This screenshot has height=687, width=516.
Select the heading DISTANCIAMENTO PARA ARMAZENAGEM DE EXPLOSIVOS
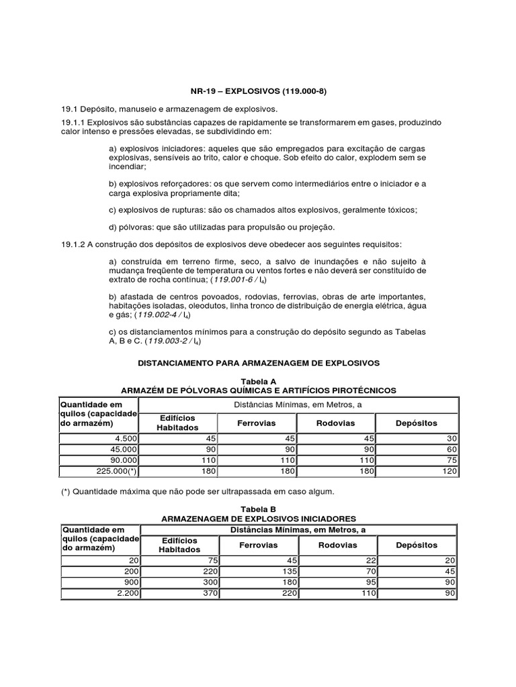pos(259,362)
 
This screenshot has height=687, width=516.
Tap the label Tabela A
pos(259,380)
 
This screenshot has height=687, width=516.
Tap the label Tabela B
pos(259,509)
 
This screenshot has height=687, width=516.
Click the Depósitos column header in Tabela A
pos(417,423)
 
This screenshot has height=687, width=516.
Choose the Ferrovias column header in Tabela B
pos(258,545)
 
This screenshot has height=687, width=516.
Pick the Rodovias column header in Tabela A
pos(337,423)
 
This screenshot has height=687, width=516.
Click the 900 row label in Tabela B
pos(128,582)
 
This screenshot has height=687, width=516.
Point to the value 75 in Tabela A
pos(451,460)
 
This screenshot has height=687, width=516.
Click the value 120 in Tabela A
pos(449,472)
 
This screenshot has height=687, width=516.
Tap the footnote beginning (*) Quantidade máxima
pos(197,492)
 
